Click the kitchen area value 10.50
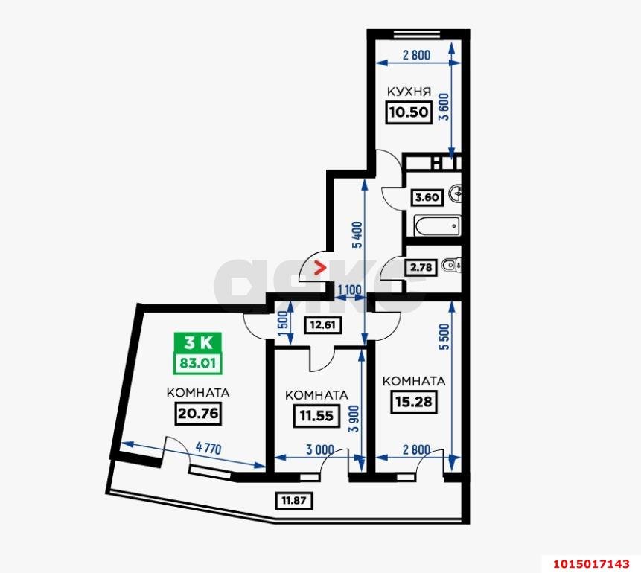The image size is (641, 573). pyautogui.click(x=404, y=112)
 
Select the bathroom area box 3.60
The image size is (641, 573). pyautogui.click(x=427, y=198)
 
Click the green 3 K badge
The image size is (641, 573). pyautogui.click(x=197, y=343)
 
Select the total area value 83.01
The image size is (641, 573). pyautogui.click(x=197, y=364)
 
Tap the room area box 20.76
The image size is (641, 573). pyautogui.click(x=197, y=413)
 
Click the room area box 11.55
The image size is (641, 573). pyautogui.click(x=316, y=416)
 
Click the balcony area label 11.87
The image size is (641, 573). pyautogui.click(x=293, y=500)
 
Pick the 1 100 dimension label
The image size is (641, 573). pyautogui.click(x=349, y=289)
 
